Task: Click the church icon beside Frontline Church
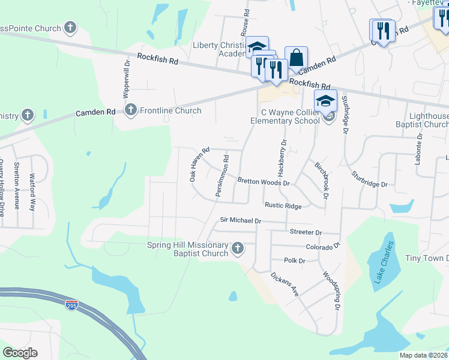tap(130, 110)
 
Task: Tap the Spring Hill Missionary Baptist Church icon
tap(238, 248)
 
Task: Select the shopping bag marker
tap(296, 58)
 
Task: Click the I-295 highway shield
tap(71, 305)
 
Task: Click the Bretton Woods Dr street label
tap(264, 181)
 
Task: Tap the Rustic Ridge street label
tap(283, 205)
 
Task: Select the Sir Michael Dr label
tap(241, 221)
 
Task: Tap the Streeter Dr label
tap(306, 232)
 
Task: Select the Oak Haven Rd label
tap(199, 165)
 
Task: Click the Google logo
tap(20, 353)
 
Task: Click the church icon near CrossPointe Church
tap(70, 28)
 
